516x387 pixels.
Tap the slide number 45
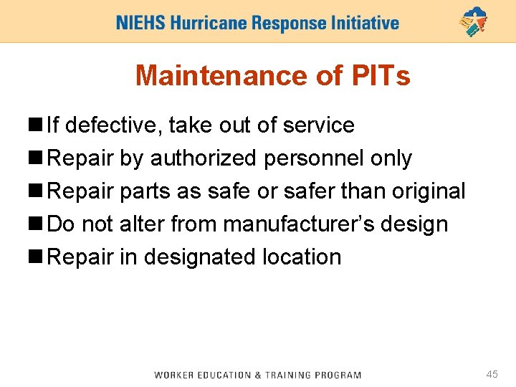click(492, 374)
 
